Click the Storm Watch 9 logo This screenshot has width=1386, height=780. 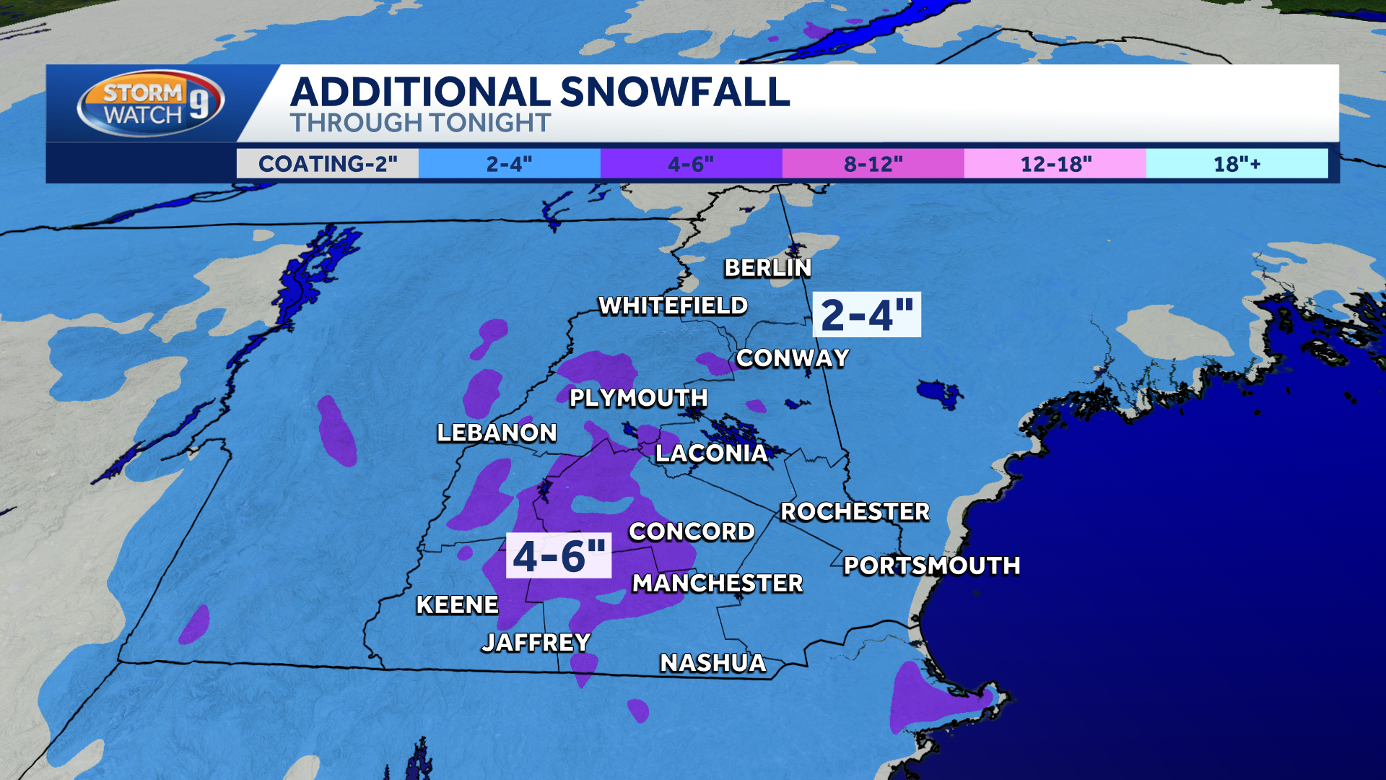[x=150, y=103]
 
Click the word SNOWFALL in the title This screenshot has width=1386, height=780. [x=674, y=92]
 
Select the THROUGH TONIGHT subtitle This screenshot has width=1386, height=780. [x=420, y=123]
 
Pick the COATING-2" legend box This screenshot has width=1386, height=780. [x=328, y=164]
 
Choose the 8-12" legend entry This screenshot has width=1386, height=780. [x=873, y=164]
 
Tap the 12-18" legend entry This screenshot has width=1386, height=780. [x=1055, y=164]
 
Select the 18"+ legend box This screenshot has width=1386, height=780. [x=1237, y=164]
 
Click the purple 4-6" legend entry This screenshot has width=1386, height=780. [x=691, y=164]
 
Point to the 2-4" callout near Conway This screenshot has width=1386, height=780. [x=867, y=315]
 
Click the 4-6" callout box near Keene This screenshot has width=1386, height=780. [x=559, y=555]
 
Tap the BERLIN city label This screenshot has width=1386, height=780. [x=768, y=268]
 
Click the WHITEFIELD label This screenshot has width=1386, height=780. [x=673, y=306]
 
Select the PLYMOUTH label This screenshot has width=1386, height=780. [x=638, y=398]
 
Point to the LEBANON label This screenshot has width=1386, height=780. [x=497, y=433]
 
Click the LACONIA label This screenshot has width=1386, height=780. [x=711, y=454]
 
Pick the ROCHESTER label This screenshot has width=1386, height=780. [x=855, y=511]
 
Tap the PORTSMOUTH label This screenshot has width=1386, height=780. [x=931, y=565]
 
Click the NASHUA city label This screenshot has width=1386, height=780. [x=712, y=663]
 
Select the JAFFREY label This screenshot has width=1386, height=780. [x=536, y=642]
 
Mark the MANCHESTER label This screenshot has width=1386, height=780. [x=717, y=583]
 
